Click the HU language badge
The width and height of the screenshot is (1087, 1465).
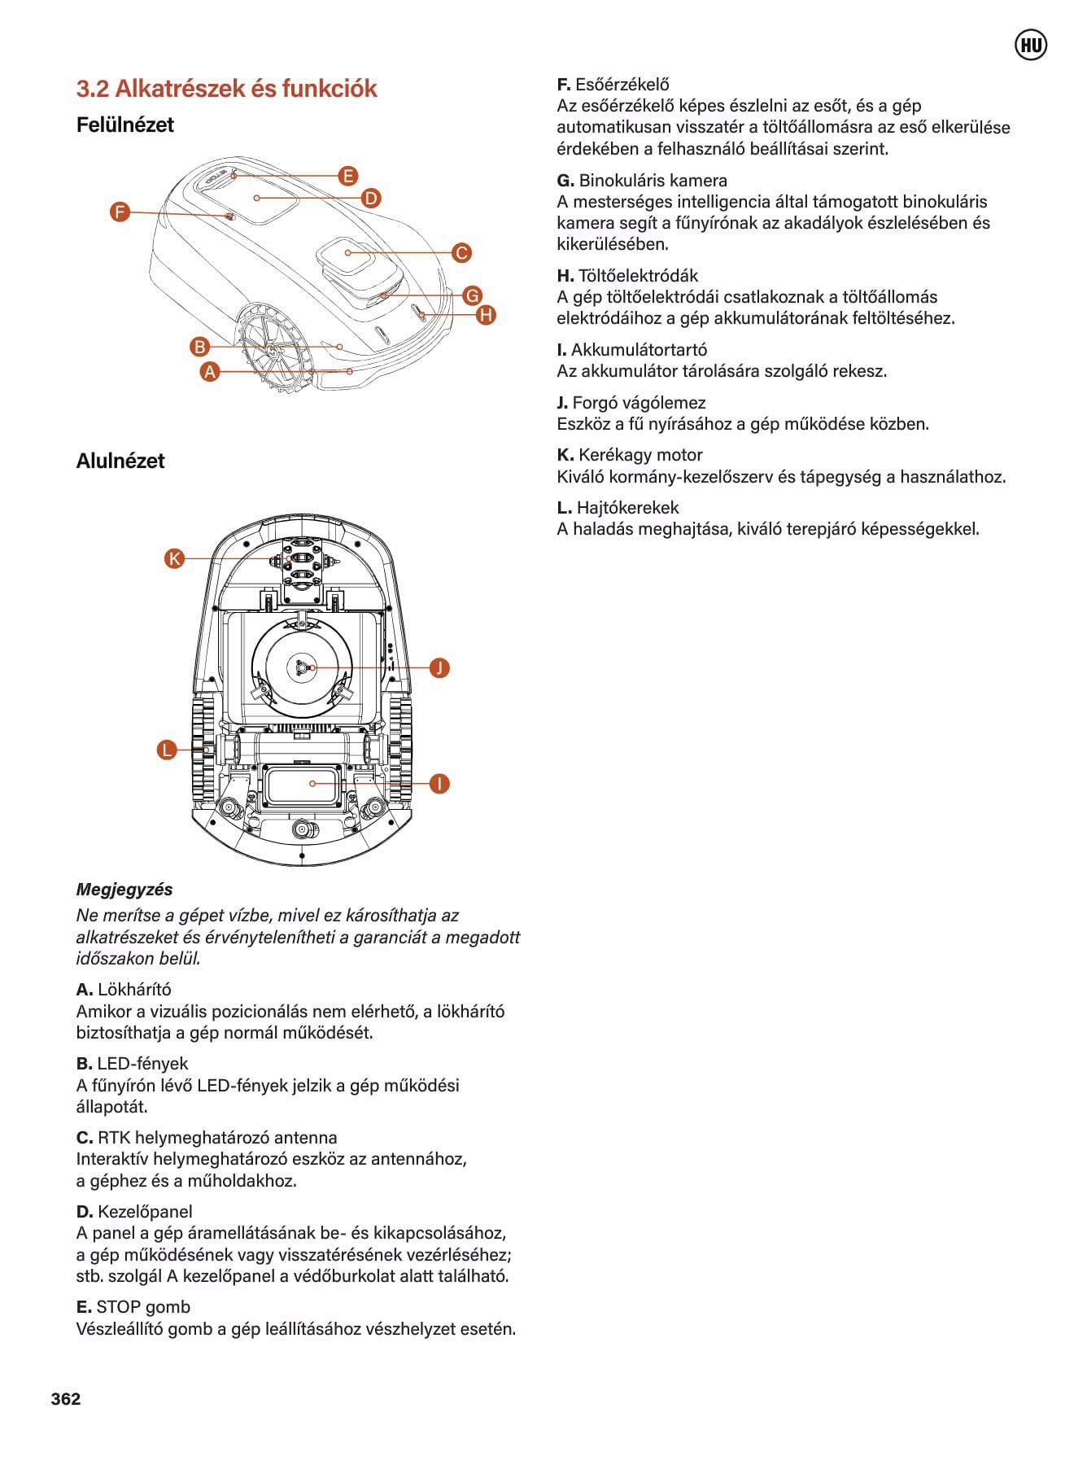[1031, 46]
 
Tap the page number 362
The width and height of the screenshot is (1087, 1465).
[66, 1398]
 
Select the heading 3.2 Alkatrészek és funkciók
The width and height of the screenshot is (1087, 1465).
[226, 89]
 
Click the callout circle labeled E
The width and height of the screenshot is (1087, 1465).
[348, 176]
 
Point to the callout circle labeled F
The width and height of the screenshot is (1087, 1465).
[120, 212]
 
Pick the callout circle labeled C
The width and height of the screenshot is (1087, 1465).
[461, 252]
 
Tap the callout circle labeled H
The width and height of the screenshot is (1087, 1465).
[486, 315]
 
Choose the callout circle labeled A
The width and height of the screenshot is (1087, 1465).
[210, 372]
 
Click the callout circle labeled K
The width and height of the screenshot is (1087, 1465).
[174, 558]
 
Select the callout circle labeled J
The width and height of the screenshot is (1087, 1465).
[439, 668]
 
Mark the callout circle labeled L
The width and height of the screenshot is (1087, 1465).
[167, 750]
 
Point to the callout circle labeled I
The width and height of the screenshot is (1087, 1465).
[439, 784]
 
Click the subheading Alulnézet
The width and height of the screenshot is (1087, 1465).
[120, 461]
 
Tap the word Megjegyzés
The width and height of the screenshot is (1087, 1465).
[124, 889]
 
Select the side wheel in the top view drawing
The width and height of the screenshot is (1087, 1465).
[272, 347]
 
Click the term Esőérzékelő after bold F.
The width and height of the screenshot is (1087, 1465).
[622, 85]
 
